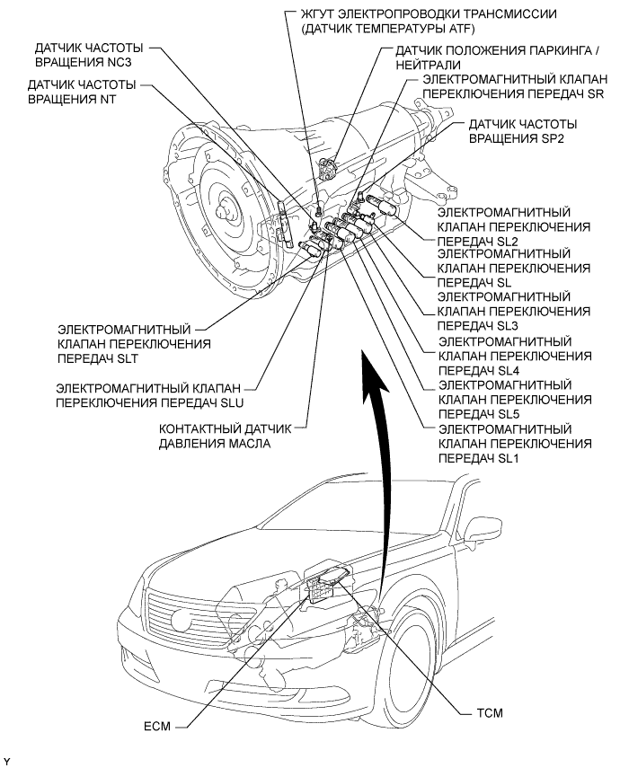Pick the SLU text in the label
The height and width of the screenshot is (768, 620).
(228, 403)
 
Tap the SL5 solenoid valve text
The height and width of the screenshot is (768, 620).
(507, 414)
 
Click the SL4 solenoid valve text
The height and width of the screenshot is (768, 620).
(507, 370)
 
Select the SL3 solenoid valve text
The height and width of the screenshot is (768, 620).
(507, 325)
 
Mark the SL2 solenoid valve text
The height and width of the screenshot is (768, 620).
(507, 241)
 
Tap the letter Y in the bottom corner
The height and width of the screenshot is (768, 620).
(7, 761)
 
